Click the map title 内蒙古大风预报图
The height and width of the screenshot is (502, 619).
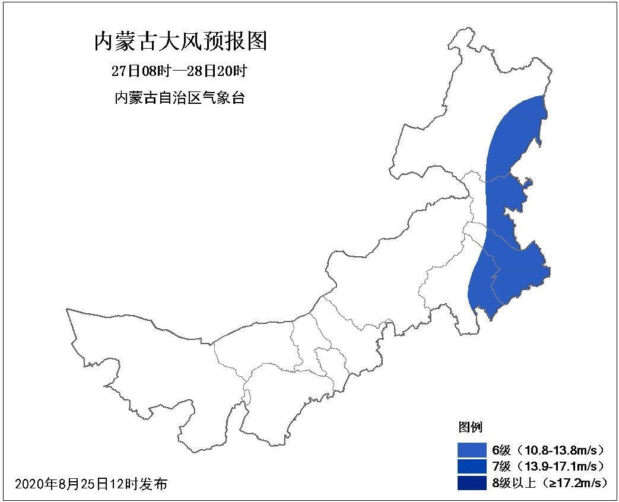tap(180, 42)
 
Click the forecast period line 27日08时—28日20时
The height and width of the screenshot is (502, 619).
tap(179, 71)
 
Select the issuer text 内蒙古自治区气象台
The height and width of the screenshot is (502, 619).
tap(179, 98)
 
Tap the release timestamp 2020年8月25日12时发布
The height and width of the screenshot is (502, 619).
tap(91, 484)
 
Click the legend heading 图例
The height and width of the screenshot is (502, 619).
tap(469, 427)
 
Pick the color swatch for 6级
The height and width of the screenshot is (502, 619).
tap(472, 449)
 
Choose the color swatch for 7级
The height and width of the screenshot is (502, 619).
tap(472, 466)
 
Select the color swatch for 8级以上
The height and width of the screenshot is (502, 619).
tap(472, 483)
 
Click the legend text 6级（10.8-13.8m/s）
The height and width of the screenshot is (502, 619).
tap(548, 449)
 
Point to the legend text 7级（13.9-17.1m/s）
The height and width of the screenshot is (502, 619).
tap(548, 466)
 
